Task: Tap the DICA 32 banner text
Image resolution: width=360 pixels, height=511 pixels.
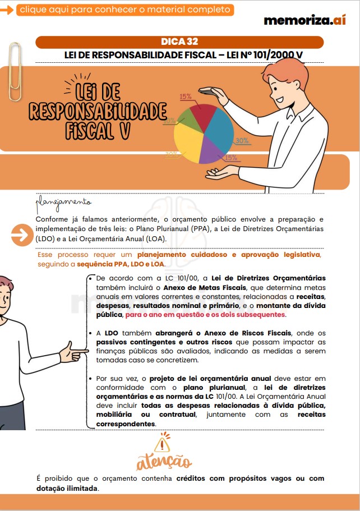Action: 179,42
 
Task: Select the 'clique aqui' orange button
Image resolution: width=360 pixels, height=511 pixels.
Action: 124,10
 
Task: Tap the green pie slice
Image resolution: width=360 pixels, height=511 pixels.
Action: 186,114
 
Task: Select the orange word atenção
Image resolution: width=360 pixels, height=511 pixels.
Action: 164,462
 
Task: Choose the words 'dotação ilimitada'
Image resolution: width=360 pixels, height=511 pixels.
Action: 67,488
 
